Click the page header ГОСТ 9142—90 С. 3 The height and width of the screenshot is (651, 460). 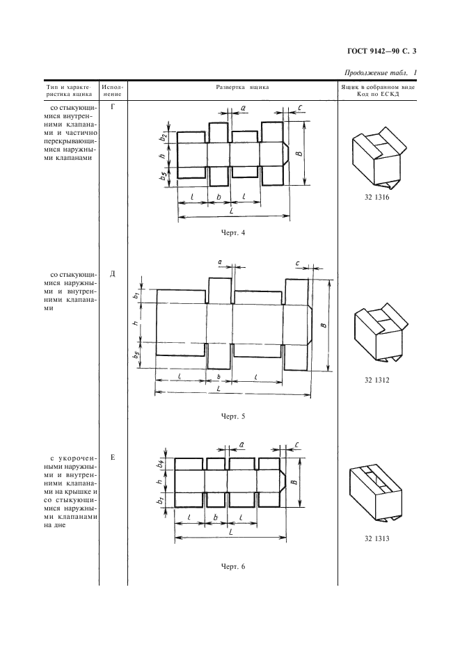click(x=384, y=51)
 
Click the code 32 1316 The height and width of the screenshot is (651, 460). click(x=376, y=198)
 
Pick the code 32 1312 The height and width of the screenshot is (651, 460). click(x=376, y=380)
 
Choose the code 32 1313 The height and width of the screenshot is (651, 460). click(x=376, y=539)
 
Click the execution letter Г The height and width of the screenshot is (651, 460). click(x=113, y=108)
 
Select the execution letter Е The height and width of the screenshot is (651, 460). click(x=113, y=457)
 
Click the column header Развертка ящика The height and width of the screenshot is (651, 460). click(x=232, y=88)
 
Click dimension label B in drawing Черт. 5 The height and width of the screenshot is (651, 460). click(x=325, y=324)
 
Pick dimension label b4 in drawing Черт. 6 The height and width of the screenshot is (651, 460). click(x=159, y=462)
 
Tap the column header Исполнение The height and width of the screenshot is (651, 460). click(x=113, y=91)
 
